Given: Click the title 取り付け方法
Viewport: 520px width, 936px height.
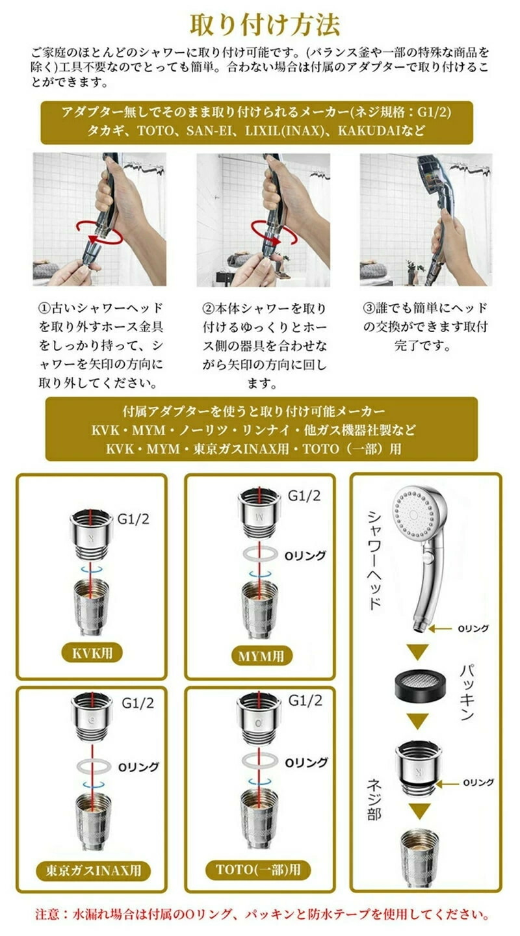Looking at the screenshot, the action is tap(265, 25).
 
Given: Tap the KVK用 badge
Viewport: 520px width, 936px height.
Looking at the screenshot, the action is tap(92, 653).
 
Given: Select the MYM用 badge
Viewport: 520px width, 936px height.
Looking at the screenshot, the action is tap(262, 656).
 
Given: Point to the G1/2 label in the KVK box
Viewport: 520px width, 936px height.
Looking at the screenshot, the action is tap(133, 519).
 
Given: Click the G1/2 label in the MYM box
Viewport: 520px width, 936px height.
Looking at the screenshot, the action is tap(304, 495).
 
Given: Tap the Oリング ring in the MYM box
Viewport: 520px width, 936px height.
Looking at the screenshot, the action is tap(261, 554).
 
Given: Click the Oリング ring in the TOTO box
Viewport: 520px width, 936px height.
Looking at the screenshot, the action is tap(261, 761).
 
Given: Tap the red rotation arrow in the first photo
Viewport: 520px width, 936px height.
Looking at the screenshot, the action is tap(99, 233).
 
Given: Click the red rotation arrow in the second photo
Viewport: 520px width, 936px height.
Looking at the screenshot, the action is tap(274, 233).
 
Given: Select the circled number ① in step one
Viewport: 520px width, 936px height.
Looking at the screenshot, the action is tap(44, 308).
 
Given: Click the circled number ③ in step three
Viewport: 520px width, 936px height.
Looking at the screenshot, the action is tap(369, 308).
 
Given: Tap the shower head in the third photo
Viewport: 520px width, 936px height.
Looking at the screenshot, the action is tap(435, 209).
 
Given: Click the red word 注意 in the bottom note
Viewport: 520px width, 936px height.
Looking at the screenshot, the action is tap(48, 914).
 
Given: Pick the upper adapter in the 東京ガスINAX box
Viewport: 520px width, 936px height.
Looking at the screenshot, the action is tap(92, 716).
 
